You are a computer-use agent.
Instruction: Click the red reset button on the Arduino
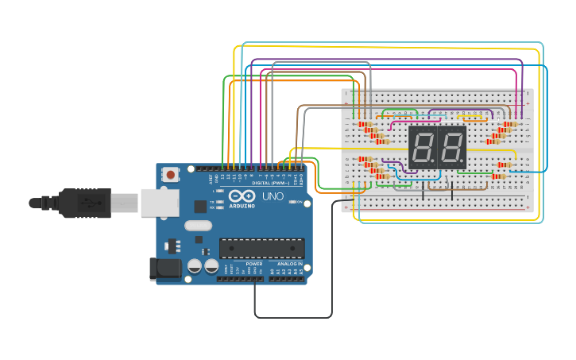(170, 174)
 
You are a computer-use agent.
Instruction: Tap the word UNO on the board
(273, 196)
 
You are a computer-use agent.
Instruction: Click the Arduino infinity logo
(242, 196)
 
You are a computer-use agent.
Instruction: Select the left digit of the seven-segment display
(422, 147)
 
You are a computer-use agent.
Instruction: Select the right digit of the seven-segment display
(451, 147)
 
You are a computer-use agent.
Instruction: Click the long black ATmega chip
(261, 248)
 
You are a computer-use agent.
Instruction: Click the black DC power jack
(165, 269)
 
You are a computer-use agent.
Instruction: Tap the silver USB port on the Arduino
(160, 203)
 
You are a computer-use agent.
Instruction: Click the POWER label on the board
(253, 263)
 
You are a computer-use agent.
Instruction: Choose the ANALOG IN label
(289, 263)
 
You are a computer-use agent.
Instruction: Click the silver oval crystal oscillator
(199, 225)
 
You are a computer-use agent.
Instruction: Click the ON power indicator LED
(292, 203)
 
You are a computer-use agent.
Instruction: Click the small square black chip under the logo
(200, 206)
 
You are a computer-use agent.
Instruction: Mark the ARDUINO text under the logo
(242, 206)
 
